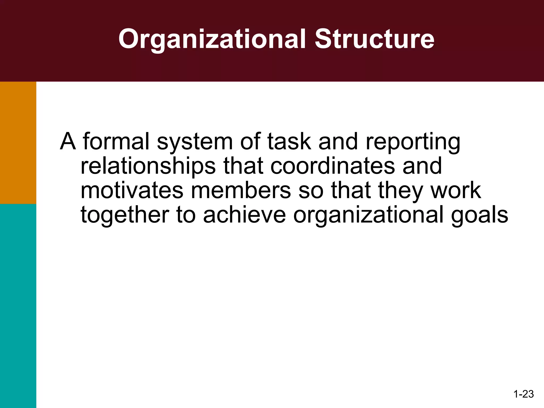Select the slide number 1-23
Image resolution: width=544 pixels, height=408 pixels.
pos(524,394)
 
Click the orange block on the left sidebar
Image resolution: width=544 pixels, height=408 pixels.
pos(18,143)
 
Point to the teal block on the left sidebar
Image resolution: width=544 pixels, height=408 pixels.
pos(18,305)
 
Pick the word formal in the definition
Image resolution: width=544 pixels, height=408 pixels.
pos(116,141)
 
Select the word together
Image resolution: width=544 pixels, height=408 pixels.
pos(125,215)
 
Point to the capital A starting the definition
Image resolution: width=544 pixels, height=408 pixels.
pos(68,141)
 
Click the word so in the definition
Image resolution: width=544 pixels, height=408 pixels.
pos(311,191)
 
